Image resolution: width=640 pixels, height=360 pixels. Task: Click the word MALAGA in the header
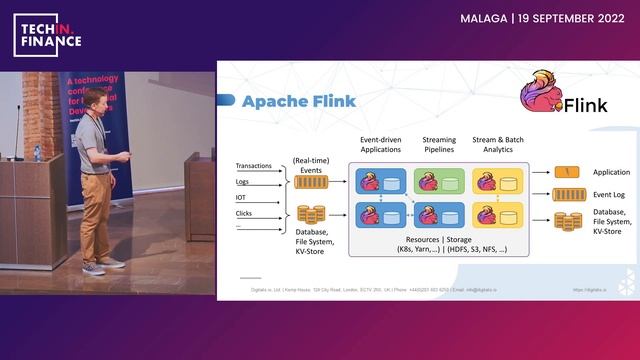(x=483, y=18)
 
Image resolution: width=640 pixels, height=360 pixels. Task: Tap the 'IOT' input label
(x=241, y=197)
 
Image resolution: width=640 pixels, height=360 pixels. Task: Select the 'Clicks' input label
(x=245, y=213)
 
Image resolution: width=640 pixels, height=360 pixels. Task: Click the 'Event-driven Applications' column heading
(x=380, y=142)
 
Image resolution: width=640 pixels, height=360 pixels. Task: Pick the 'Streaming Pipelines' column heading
(x=439, y=142)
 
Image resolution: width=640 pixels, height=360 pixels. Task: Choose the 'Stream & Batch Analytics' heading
(x=498, y=142)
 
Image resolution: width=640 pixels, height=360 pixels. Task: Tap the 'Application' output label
(x=611, y=172)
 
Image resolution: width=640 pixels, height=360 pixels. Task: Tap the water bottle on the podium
(x=37, y=153)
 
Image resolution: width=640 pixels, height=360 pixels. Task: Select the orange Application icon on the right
(x=567, y=172)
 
